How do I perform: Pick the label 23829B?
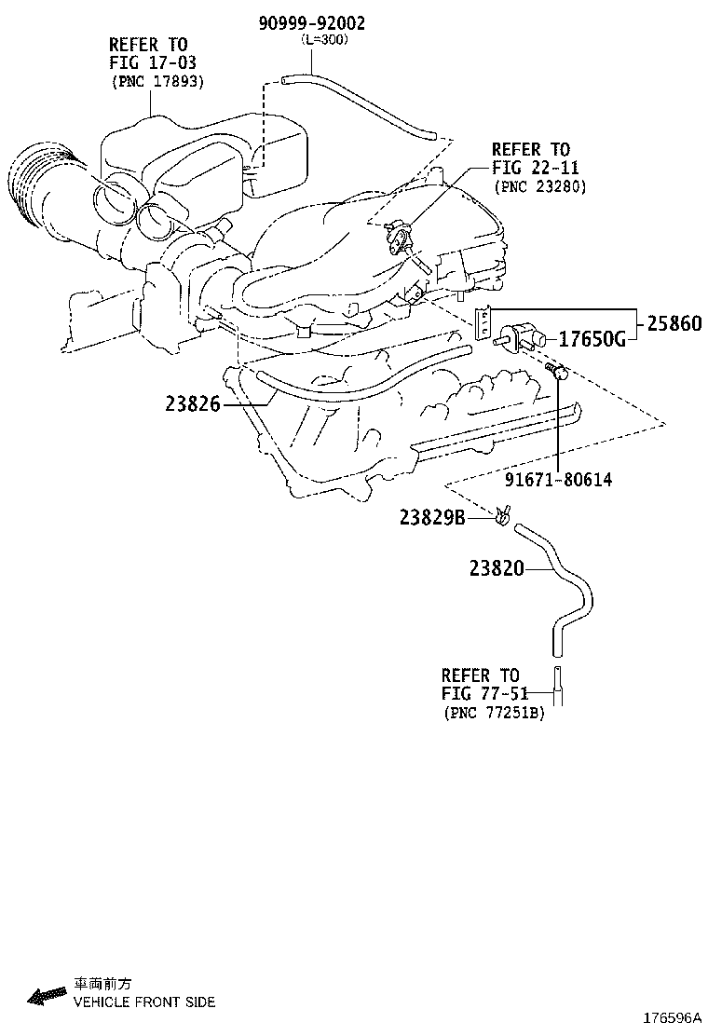click(x=431, y=517)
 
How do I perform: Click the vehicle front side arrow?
click(x=48, y=996)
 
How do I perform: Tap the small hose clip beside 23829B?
click(x=504, y=514)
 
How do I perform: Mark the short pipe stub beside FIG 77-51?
click(x=557, y=688)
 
